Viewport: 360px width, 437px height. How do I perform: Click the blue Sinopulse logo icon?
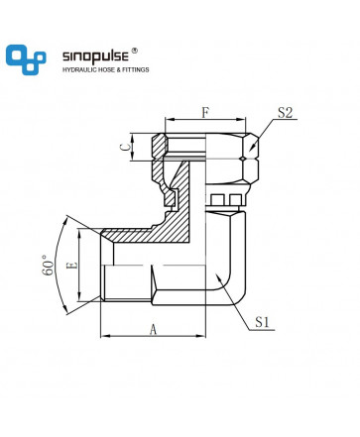click(26, 59)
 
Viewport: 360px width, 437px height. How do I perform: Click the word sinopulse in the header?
click(95, 56)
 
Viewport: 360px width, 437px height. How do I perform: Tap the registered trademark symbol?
click(135, 51)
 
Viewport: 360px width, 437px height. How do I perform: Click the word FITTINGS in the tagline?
click(136, 69)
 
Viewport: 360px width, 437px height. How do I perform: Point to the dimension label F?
click(205, 113)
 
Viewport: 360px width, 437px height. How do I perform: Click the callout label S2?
click(285, 113)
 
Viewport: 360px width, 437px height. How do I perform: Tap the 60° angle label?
click(48, 266)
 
